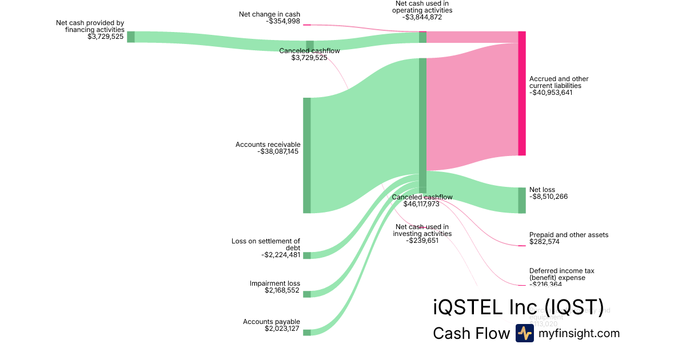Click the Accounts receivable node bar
307,155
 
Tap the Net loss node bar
521,200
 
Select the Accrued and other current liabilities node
521,93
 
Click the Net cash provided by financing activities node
131,37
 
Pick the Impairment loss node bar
307,294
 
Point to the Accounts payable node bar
307,332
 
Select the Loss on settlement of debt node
307,255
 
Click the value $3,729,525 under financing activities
106,37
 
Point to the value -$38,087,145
278,151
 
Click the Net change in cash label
269,14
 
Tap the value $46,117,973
421,204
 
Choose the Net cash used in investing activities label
422,230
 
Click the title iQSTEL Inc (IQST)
518,307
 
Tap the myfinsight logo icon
524,333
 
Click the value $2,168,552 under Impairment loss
282,290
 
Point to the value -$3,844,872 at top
422,17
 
